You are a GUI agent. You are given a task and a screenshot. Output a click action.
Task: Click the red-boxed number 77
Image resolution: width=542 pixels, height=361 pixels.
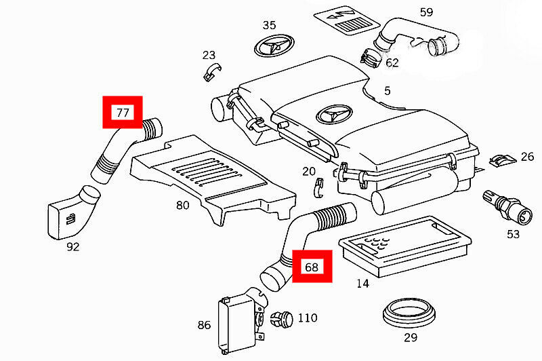(123, 113)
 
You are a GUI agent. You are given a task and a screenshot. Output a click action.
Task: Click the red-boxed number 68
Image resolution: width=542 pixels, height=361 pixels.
(312, 267)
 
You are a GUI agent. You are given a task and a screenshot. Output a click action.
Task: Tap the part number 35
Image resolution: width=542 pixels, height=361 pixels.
(269, 25)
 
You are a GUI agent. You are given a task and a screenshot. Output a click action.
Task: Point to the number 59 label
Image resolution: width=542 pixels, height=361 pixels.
(427, 12)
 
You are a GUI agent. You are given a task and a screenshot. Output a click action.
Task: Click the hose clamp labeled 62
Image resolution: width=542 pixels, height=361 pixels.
(371, 58)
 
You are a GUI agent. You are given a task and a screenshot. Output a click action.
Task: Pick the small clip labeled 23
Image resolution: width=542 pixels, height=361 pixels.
(212, 72)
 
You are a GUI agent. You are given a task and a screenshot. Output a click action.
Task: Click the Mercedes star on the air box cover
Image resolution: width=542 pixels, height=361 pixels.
(335, 114)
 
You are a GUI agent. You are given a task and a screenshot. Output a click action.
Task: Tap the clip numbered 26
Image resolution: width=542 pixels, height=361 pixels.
(502, 160)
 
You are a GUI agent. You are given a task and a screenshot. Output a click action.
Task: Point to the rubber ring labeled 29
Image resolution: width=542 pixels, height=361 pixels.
(409, 315)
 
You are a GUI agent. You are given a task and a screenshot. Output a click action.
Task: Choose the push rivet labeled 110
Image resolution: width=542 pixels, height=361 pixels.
(281, 319)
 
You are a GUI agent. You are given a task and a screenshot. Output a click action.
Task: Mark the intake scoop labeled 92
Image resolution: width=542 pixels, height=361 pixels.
(73, 213)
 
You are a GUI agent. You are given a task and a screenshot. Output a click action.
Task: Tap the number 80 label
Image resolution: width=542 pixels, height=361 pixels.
(182, 205)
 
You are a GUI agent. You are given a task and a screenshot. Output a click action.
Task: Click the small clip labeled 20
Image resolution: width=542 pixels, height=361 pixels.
(319, 188)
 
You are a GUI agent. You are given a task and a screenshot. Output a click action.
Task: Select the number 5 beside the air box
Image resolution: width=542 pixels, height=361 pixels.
(387, 91)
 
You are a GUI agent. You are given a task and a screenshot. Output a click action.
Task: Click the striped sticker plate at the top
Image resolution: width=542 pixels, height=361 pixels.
(347, 20)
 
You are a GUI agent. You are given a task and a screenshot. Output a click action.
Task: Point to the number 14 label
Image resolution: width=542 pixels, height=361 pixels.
(362, 284)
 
